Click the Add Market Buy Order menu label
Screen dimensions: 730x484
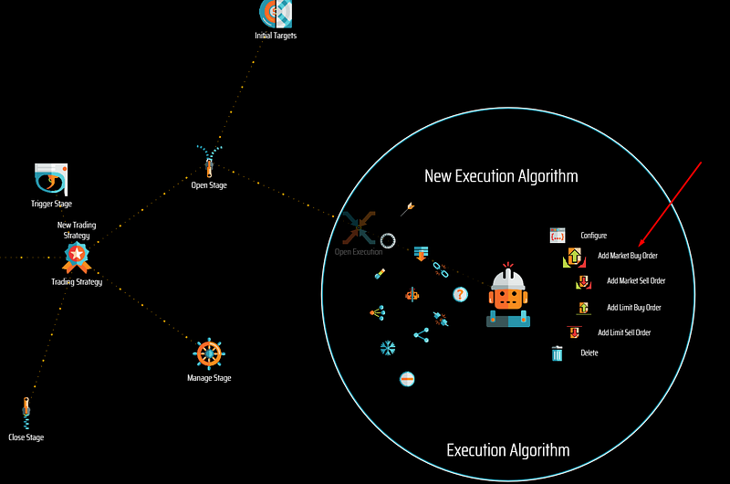(628, 256)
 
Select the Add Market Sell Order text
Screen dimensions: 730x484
(636, 281)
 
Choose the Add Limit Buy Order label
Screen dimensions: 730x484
(633, 308)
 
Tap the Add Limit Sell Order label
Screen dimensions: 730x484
(624, 332)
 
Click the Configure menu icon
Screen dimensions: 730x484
(558, 236)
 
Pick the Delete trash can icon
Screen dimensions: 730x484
(557, 353)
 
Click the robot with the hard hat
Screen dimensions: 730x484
(508, 295)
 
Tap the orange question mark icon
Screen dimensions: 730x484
(460, 294)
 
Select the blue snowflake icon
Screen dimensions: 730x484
(387, 348)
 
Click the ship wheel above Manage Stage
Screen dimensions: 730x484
(209, 354)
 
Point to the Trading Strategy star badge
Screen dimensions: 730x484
(77, 258)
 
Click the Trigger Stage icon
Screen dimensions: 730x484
(51, 179)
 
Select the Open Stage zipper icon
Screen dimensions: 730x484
(209, 162)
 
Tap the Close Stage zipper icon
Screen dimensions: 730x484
(26, 413)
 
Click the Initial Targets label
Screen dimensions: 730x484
(276, 36)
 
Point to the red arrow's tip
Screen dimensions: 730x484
(639, 247)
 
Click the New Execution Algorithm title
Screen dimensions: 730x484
(501, 176)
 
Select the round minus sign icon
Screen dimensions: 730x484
(407, 379)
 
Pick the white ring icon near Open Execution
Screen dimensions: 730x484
(388, 241)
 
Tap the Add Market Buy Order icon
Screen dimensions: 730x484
(575, 258)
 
